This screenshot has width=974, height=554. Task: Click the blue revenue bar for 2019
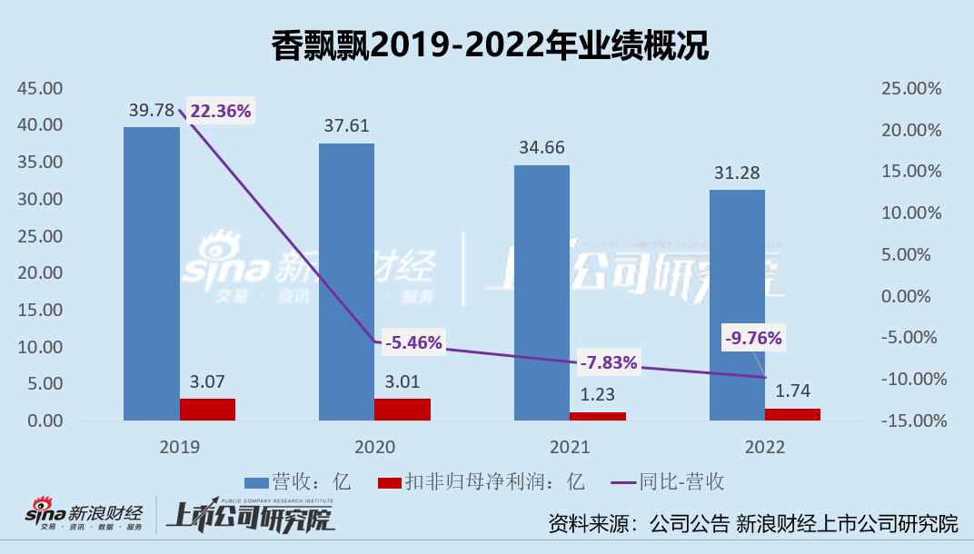(x=152, y=272)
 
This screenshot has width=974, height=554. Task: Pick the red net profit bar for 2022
(x=792, y=414)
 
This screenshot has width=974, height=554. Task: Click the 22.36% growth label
(x=221, y=111)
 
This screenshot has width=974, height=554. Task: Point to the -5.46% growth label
(x=413, y=342)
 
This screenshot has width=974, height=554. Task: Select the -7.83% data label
(x=609, y=363)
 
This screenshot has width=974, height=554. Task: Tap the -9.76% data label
(x=753, y=338)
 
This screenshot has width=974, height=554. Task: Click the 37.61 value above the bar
(x=346, y=125)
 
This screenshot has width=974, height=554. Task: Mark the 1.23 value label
(x=596, y=396)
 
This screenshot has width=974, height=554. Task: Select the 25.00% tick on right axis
(x=911, y=88)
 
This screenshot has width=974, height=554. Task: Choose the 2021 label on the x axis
(x=569, y=447)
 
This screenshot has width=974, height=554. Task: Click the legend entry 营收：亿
(x=298, y=481)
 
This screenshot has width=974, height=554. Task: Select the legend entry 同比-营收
(x=668, y=481)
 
